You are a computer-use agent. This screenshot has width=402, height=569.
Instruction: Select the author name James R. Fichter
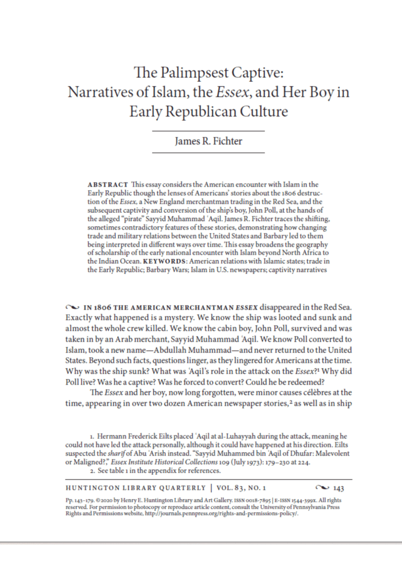208,141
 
